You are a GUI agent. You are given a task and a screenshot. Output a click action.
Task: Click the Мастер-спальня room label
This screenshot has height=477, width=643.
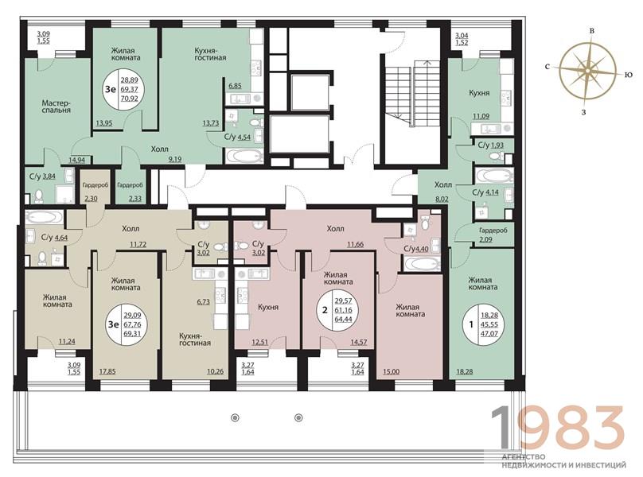(x=57, y=107)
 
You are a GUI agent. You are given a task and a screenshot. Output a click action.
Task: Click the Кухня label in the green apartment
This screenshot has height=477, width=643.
(x=479, y=93)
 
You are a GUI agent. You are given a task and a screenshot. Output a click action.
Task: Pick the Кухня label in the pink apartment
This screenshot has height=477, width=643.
(x=268, y=307)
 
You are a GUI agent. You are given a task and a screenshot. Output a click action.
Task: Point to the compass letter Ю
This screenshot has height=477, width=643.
(x=628, y=75)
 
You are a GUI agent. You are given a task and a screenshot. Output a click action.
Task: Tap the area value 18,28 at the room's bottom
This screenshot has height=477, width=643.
(x=465, y=372)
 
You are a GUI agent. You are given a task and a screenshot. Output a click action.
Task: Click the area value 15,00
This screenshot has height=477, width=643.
(x=392, y=372)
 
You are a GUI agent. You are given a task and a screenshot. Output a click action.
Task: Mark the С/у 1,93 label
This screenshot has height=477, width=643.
(x=491, y=145)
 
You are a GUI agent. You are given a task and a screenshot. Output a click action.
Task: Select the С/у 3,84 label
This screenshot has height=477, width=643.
(x=42, y=177)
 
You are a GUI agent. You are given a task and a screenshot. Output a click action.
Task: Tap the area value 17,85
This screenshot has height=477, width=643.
(x=107, y=372)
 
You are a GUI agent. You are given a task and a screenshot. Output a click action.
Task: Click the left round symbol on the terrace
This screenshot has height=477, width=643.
(x=235, y=418)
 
